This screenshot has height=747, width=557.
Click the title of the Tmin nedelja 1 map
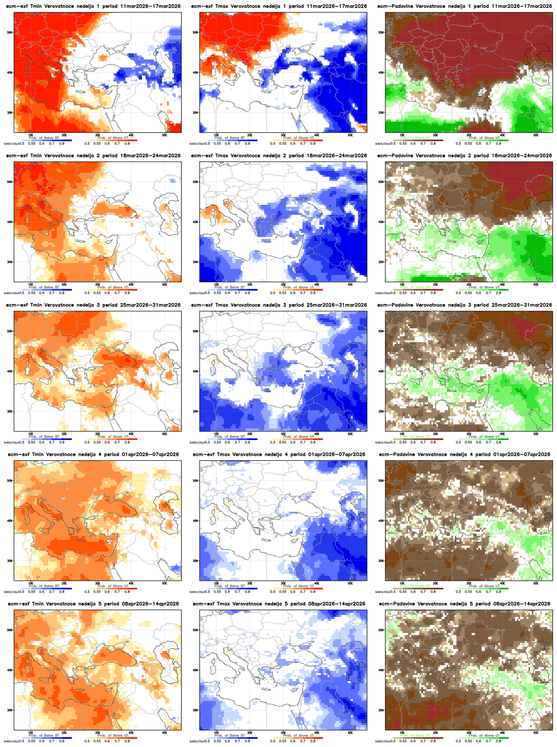(93, 6)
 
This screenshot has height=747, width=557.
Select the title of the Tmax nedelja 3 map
(279, 305)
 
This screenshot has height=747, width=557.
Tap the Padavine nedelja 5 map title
(464, 604)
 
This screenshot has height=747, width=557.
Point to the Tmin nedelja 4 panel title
(93, 455)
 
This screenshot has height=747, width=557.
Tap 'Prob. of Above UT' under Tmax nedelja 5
(298, 736)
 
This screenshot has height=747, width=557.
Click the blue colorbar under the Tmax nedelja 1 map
(233, 140)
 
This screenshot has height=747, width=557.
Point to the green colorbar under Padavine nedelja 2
(483, 290)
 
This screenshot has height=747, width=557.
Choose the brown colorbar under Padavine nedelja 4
(418, 589)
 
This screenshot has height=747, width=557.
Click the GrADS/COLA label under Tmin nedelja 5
(11, 741)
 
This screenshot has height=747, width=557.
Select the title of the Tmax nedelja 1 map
(279, 6)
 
